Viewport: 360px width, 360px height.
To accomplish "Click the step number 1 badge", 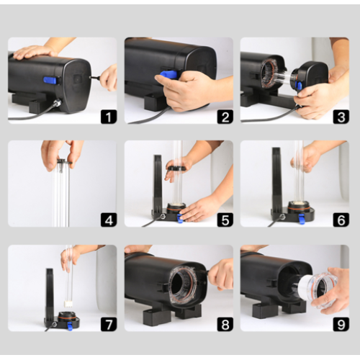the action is pos(109,117).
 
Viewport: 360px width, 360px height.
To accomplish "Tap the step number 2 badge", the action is pos(225,117).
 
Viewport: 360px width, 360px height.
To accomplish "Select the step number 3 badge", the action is pos(341,117).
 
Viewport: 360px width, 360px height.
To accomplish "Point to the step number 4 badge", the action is pos(109,220).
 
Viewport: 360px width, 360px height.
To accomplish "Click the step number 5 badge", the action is pos(225,220).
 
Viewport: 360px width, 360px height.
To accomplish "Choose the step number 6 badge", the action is pos(341,220).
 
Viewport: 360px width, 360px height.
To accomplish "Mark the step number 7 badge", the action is pos(109,324).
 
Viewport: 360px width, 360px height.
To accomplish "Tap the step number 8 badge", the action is pos(225,324).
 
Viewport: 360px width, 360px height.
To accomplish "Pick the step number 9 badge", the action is pos(341,324).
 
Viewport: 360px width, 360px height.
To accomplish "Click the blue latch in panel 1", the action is pos(50,80).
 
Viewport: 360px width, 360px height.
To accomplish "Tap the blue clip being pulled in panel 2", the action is pos(169,74).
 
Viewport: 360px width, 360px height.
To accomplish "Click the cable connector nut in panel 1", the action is pos(57,103).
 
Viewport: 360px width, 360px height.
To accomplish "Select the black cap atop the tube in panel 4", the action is pos(64,161).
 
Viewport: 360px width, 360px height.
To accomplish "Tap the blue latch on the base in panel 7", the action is pos(70,327).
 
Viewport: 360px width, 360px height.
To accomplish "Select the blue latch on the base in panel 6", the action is pos(301,219).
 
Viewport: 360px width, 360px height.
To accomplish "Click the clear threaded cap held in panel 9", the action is pos(322,289).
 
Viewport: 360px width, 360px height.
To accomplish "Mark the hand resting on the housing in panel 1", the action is pos(35,51).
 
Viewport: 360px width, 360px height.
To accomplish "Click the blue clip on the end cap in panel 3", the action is pos(299,84).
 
